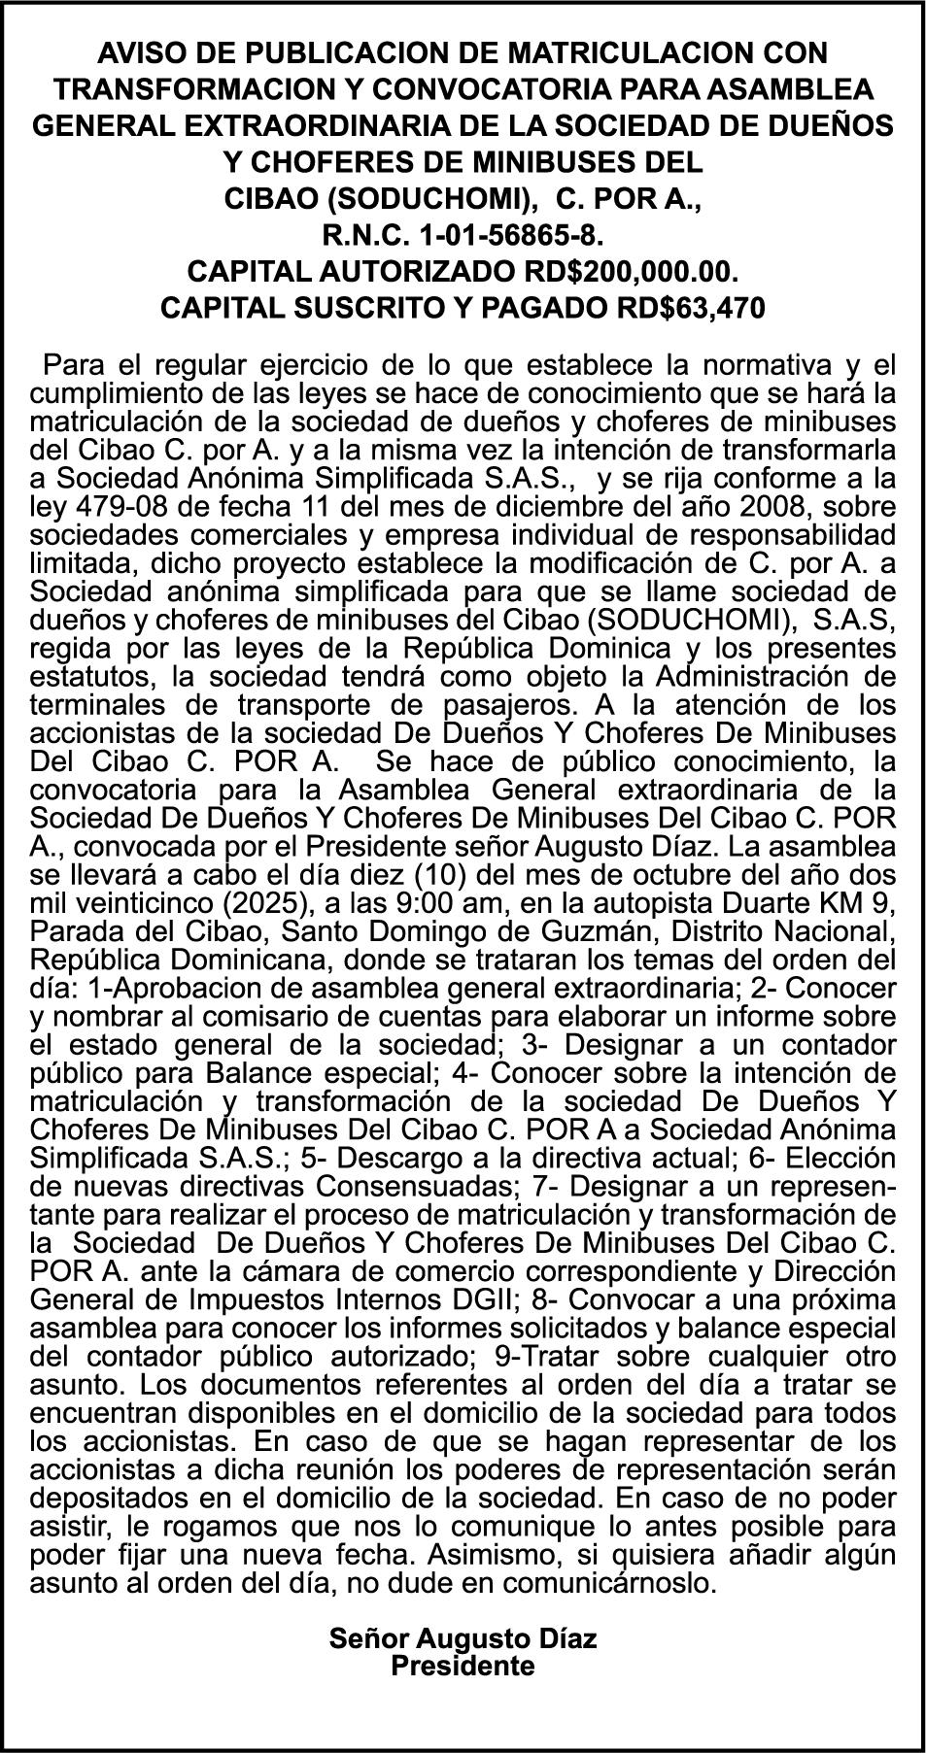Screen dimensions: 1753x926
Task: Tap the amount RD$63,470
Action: pos(691,307)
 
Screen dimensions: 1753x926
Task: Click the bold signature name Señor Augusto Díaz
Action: pos(463,1639)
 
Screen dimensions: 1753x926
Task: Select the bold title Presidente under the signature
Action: pos(463,1666)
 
